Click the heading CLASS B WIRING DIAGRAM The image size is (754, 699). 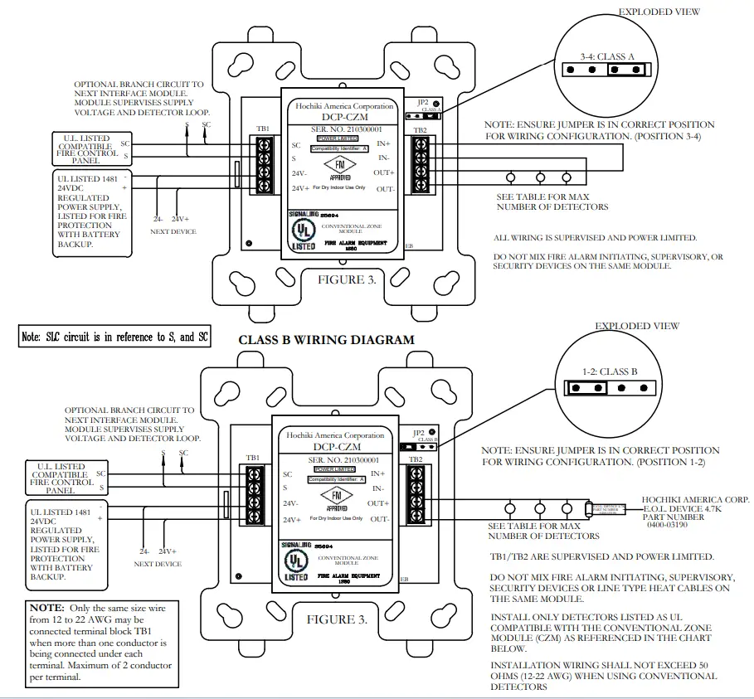pos(326,340)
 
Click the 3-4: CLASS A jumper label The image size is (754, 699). pos(606,56)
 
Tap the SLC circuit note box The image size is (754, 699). pos(114,337)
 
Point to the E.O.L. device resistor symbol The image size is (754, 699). pos(589,509)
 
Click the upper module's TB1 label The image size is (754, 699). pos(263,129)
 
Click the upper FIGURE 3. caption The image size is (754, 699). pos(347,280)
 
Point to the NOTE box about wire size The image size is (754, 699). pos(103,643)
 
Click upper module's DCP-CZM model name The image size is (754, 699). pos(338,119)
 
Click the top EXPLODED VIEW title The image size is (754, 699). pos(659,12)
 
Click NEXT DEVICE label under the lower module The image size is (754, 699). pos(157,564)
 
